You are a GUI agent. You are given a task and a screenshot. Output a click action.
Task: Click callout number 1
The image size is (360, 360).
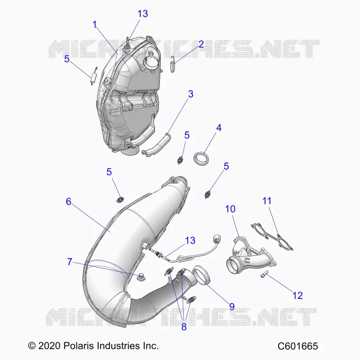coord(95,25)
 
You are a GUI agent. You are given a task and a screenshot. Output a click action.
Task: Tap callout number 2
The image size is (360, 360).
coord(201,44)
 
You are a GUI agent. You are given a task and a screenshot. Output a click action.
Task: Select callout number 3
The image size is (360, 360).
coord(191,94)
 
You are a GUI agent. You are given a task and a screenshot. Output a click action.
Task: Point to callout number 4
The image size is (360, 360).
coord(219,128)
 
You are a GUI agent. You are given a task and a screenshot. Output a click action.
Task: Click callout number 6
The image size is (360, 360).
coord(69,202)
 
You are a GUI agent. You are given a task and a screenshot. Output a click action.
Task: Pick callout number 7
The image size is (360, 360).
coord(70,262)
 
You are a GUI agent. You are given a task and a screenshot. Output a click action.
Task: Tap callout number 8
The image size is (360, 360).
coord(184,327)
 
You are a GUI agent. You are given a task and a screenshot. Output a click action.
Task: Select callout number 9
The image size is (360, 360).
coord(232,307)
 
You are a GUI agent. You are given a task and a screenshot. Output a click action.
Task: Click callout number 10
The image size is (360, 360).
coord(230,209)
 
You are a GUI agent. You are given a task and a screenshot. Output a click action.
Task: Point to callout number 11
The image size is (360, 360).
coord(267,201)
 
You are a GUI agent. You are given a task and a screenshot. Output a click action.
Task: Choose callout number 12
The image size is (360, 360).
coord(297,296)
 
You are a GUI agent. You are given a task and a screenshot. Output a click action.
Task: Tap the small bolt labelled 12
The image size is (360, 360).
coord(265,274)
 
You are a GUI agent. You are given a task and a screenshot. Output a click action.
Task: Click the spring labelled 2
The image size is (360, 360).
coord(173,65)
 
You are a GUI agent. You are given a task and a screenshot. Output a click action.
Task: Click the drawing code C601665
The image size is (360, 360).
coord(298,346)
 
